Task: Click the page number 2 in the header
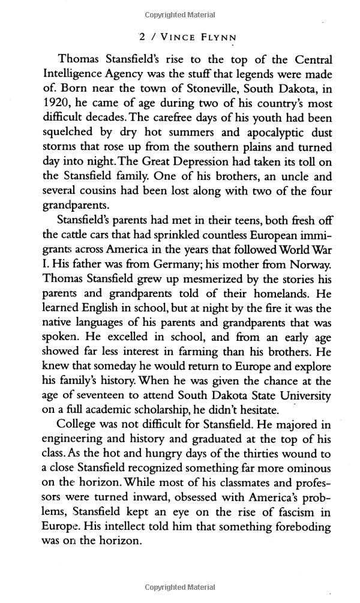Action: pos(142,37)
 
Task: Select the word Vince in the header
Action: pos(175,37)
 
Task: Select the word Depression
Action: pos(196,161)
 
